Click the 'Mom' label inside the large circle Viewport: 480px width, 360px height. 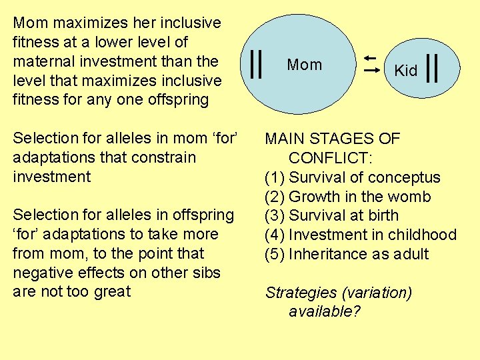click(x=304, y=65)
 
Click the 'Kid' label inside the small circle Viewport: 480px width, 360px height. click(x=405, y=71)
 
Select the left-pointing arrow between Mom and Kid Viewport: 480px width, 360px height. click(x=371, y=59)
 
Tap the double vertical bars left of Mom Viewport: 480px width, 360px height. click(x=255, y=65)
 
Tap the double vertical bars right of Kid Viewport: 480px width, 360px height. click(x=431, y=69)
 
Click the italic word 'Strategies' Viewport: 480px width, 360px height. click(x=302, y=293)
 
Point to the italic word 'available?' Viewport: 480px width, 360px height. click(x=325, y=311)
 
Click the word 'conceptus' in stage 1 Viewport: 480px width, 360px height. click(x=407, y=178)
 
